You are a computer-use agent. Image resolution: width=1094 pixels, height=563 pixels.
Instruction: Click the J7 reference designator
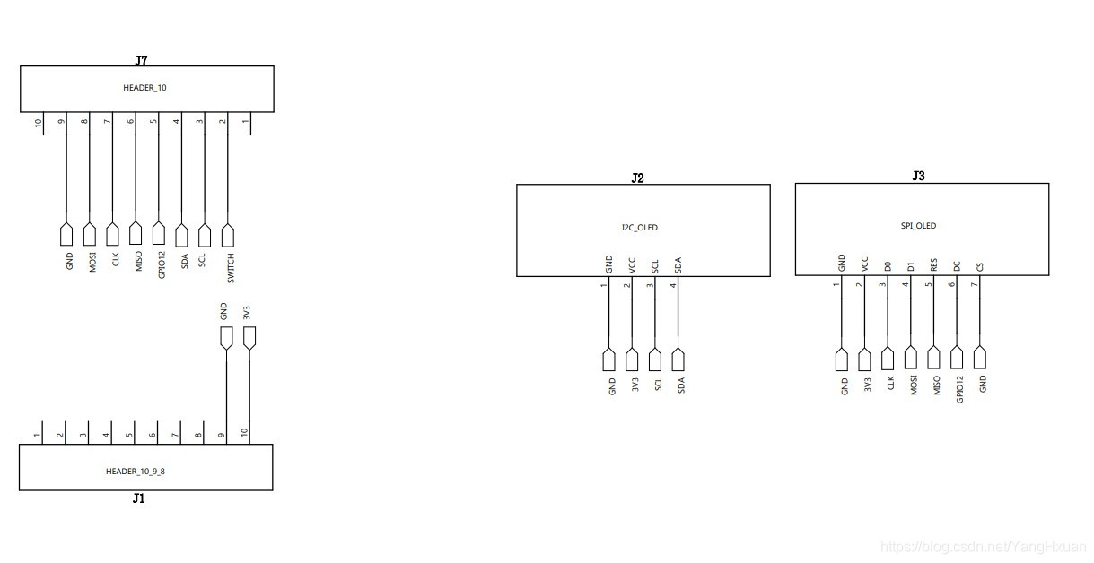point(141,61)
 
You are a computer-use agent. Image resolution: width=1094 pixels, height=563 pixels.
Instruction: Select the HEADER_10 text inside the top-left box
point(144,88)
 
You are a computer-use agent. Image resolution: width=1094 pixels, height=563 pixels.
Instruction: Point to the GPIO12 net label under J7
point(162,266)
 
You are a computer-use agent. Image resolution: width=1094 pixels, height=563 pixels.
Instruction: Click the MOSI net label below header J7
point(92,263)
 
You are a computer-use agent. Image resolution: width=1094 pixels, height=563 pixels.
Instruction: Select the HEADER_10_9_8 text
point(136,471)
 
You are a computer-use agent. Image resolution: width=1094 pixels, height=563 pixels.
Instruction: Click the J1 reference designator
point(138,498)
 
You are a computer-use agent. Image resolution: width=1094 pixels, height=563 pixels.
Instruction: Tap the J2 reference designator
point(637,178)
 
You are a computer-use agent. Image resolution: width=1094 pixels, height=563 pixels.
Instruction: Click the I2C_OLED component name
point(639,228)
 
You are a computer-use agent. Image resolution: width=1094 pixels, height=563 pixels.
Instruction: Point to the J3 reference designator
point(918,177)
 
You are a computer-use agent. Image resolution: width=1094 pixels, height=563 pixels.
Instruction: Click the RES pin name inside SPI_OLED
point(933,265)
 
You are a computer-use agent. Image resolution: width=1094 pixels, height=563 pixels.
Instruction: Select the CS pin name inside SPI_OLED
point(980,266)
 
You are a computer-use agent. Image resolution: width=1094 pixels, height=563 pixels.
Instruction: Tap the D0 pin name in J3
point(887,266)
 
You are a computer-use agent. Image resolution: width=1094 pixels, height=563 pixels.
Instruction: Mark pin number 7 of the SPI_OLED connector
point(976,284)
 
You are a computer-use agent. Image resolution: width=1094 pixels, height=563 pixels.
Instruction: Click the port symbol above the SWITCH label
point(228,235)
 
